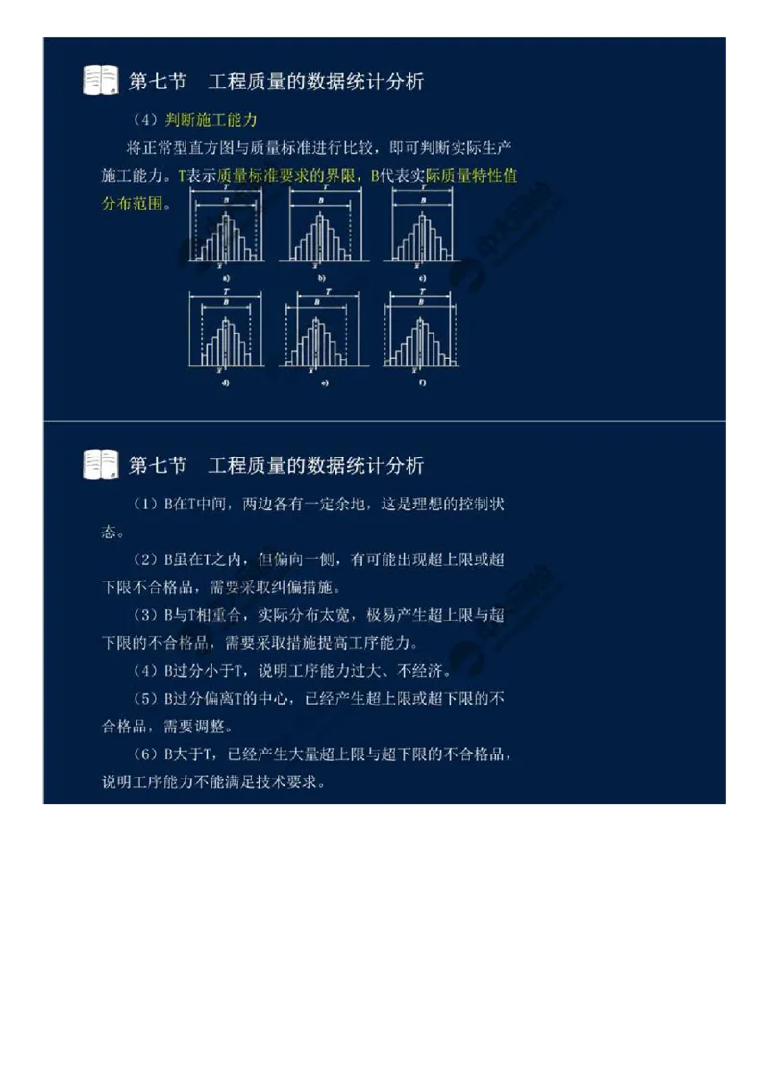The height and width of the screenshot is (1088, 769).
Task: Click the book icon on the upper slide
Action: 101,81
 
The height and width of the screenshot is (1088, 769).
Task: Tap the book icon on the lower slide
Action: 101,465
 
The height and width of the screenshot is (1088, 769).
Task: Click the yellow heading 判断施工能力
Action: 211,120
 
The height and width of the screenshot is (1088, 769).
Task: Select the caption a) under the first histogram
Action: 226,278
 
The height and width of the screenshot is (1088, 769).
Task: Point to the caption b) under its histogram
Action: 320,278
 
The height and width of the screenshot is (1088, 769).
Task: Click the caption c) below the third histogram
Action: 423,278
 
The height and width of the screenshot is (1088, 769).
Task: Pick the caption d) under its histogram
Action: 225,383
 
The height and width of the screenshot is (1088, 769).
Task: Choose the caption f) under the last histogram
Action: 423,383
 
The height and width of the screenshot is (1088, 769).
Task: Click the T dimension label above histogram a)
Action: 226,188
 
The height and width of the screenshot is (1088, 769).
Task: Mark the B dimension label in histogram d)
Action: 225,301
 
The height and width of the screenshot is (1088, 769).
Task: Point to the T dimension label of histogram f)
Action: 423,291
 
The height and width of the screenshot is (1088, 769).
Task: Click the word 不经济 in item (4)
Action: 426,671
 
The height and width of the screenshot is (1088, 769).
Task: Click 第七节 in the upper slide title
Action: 158,82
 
